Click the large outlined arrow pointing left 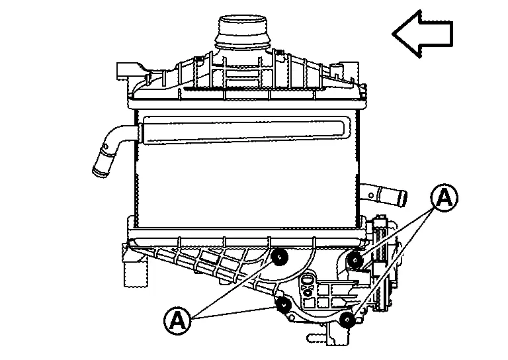coord(423,34)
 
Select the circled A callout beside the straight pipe coord(444,198)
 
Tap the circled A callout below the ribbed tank coord(177,321)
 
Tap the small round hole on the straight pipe coord(371,195)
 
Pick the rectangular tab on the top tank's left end coord(123,71)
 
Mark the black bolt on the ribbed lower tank coord(279,257)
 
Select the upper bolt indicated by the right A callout coord(355,260)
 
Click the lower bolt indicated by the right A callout coord(348,320)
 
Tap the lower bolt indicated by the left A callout coord(284,304)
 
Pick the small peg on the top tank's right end coord(335,70)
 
